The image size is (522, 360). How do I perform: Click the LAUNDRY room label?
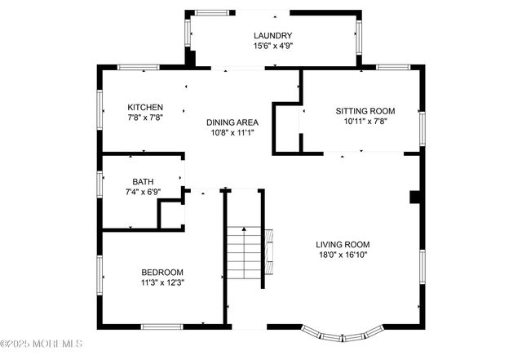(272, 35)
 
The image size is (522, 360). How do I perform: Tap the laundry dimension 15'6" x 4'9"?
(272, 47)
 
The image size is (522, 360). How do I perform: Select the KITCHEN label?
(145, 107)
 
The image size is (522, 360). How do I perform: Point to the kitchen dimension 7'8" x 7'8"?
(145, 118)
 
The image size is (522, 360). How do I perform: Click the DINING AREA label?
(232, 122)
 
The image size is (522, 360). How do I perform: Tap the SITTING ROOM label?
(365, 110)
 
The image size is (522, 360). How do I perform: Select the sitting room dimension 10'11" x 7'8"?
(365, 122)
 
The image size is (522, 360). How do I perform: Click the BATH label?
(143, 181)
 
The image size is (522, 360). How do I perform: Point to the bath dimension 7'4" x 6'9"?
(143, 192)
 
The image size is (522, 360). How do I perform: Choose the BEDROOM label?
(162, 272)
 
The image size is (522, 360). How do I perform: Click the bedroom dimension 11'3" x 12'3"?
(162, 282)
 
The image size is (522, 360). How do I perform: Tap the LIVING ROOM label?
(343, 244)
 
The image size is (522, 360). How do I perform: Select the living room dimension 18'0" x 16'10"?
(343, 255)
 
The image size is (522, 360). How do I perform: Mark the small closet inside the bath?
(170, 214)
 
